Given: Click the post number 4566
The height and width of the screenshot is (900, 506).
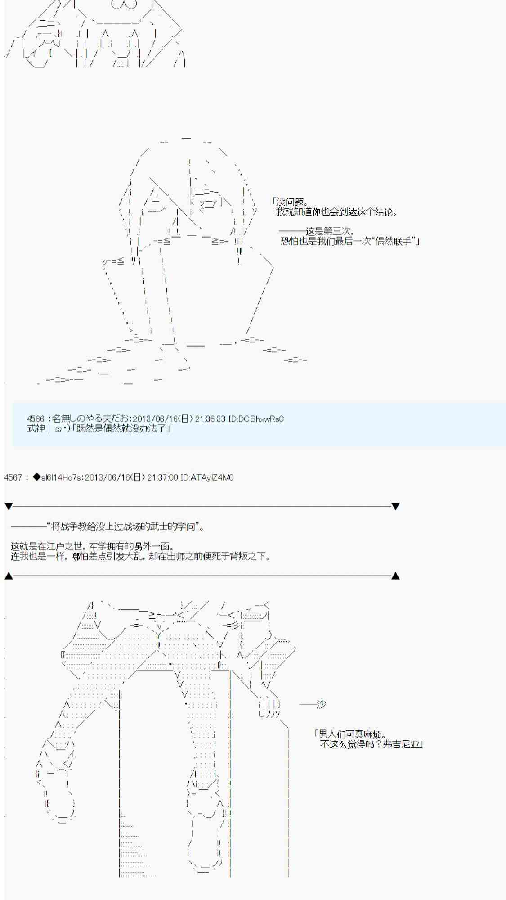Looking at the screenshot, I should pyautogui.click(x=36, y=419).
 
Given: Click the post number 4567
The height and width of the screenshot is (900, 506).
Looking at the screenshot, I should pyautogui.click(x=13, y=477).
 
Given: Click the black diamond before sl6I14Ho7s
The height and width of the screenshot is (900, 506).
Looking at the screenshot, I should pyautogui.click(x=36, y=477).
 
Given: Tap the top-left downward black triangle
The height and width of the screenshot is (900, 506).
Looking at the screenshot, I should pyautogui.click(x=9, y=506).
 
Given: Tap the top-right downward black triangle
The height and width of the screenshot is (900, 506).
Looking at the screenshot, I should pyautogui.click(x=395, y=506).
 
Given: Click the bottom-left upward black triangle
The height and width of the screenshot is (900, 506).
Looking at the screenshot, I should pyautogui.click(x=9, y=576).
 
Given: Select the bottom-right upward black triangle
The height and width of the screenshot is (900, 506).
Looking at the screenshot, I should pyautogui.click(x=395, y=576).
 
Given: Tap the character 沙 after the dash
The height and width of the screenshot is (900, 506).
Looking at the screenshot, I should pyautogui.click(x=321, y=704).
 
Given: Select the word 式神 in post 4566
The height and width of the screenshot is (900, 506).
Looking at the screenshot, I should pyautogui.click(x=36, y=428).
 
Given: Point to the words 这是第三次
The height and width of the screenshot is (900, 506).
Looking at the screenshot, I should pyautogui.click(x=328, y=231).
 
